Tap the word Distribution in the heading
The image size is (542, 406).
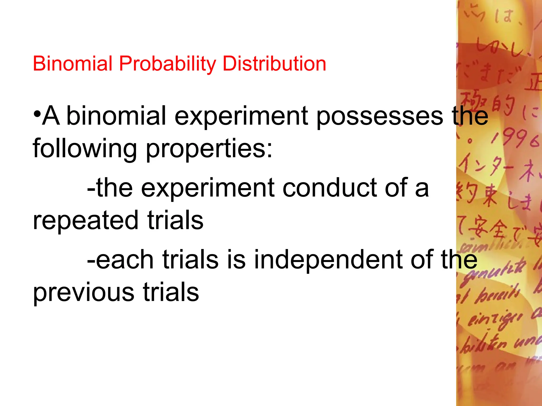tap(274, 64)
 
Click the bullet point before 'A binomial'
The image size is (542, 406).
tap(37, 115)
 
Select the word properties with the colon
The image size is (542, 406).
tap(209, 149)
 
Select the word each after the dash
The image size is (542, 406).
tap(124, 260)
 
